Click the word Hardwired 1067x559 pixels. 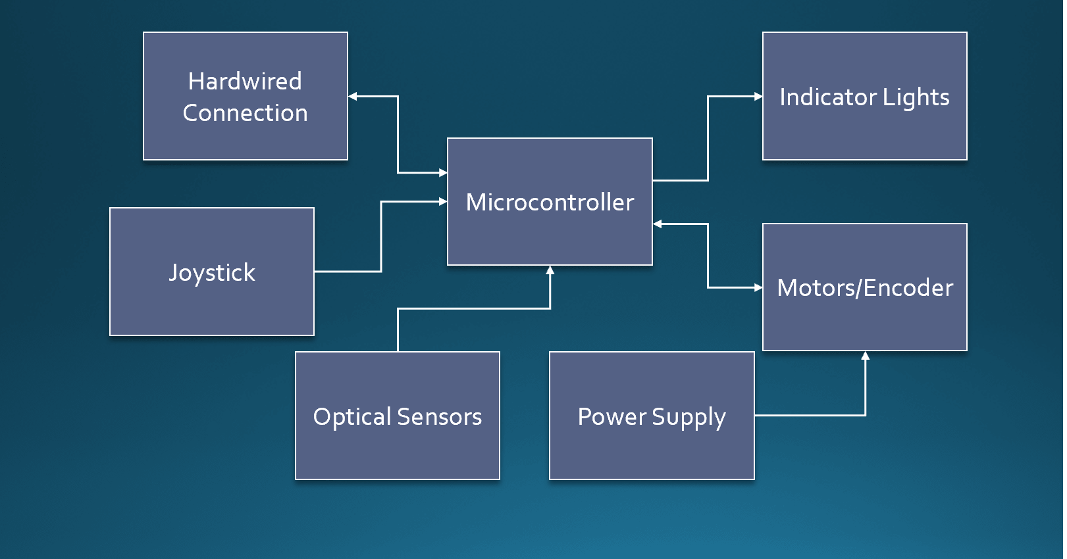pyautogui.click(x=245, y=82)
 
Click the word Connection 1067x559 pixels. pyautogui.click(x=245, y=113)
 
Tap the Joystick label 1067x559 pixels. pyautogui.click(x=212, y=272)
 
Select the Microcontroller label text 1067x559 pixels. pyautogui.click(x=550, y=203)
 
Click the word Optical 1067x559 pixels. pyautogui.click(x=352, y=417)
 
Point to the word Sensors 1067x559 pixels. pyautogui.click(x=440, y=417)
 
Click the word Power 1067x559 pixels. pyautogui.click(x=612, y=417)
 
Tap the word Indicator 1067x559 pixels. pyautogui.click(x=828, y=97)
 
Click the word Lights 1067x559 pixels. pyautogui.click(x=916, y=97)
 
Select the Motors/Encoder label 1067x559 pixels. pyautogui.click(x=865, y=288)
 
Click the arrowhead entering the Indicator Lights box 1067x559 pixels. pyautogui.click(x=758, y=97)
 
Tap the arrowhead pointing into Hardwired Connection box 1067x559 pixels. pyautogui.click(x=353, y=97)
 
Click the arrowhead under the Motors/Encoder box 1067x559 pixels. pyautogui.click(x=866, y=356)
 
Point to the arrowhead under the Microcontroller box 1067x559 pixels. pyautogui.click(x=550, y=270)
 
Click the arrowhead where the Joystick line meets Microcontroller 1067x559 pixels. pyautogui.click(x=443, y=201)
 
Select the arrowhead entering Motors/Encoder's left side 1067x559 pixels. pyautogui.click(x=758, y=287)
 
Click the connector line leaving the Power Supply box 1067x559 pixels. pyautogui.click(x=810, y=415)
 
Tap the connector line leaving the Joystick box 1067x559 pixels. pyautogui.click(x=348, y=271)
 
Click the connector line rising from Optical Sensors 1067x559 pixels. pyautogui.click(x=398, y=329)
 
